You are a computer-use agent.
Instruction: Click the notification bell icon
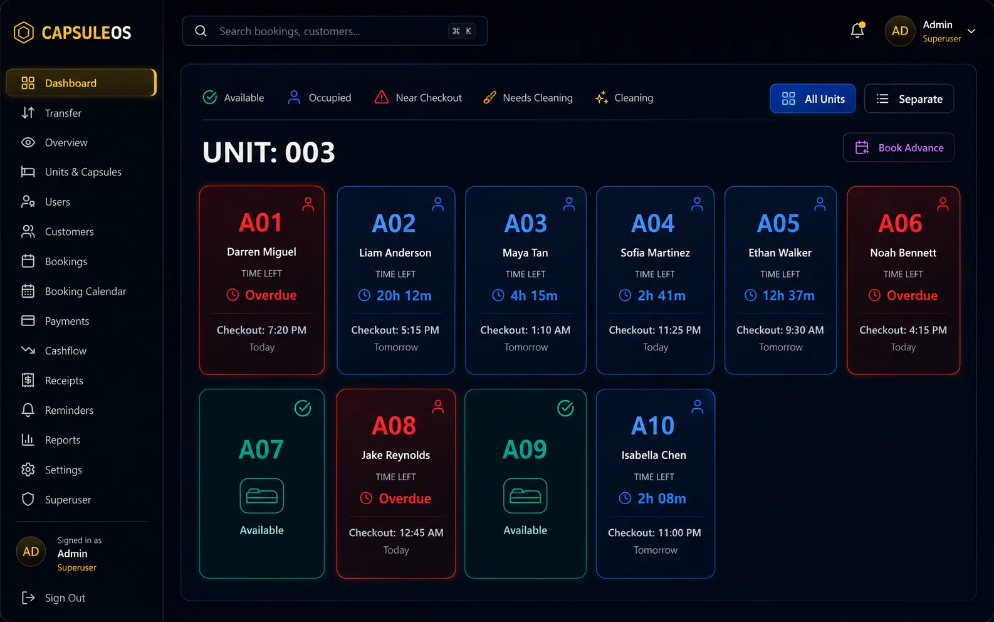click(857, 30)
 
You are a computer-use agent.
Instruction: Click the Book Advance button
click(899, 147)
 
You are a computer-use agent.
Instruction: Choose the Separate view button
click(909, 98)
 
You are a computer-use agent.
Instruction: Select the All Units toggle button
click(812, 98)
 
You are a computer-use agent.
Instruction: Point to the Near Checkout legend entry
click(418, 97)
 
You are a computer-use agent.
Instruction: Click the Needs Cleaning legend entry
click(528, 97)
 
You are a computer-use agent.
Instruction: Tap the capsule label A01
click(261, 223)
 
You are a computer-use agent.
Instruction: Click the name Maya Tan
click(525, 253)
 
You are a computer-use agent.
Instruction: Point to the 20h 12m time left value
click(404, 295)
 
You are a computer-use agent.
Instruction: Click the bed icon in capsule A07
click(262, 495)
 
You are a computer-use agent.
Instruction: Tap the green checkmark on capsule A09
click(565, 408)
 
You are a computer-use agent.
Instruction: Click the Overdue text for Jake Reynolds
click(405, 498)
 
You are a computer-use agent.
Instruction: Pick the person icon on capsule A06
click(943, 204)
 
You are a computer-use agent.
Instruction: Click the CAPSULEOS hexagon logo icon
click(24, 33)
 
